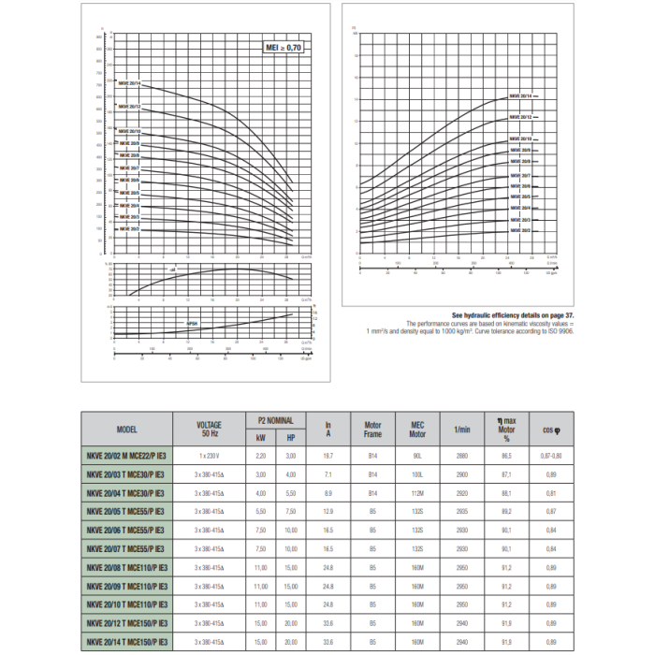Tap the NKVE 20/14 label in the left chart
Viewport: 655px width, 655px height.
(129, 84)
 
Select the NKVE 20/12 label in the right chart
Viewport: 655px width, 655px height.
(520, 117)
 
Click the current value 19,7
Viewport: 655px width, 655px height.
(328, 455)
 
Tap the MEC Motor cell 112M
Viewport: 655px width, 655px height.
(417, 492)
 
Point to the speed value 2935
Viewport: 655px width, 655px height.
(461, 511)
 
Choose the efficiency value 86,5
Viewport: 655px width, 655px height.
(506, 455)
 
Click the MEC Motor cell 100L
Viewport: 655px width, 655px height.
(417, 473)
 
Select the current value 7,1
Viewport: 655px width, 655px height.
(328, 473)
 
